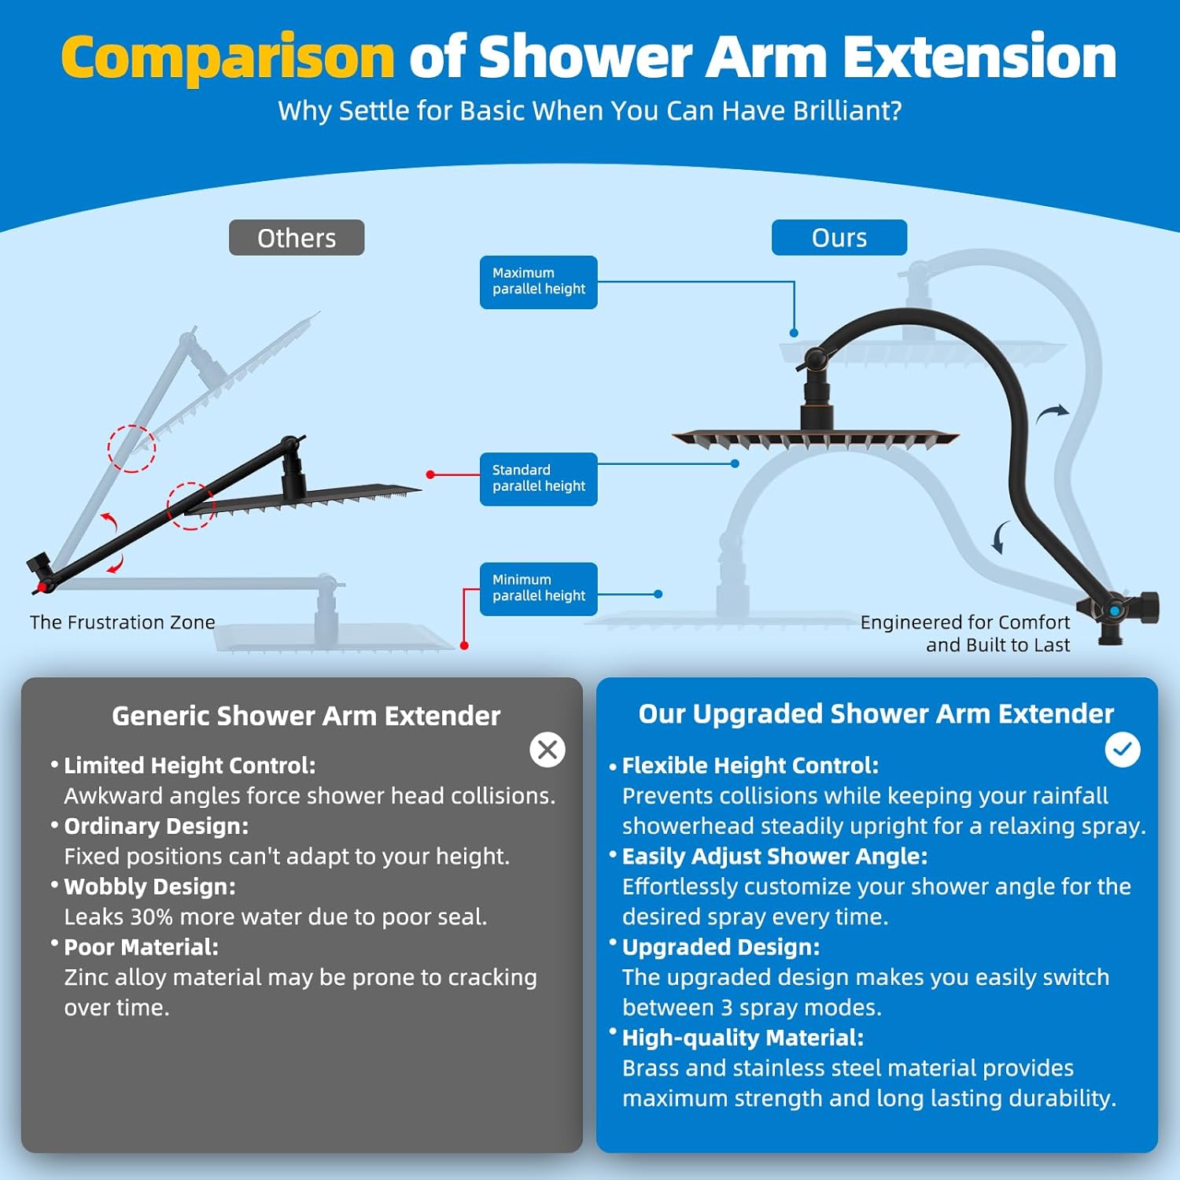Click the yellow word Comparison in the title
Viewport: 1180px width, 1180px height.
click(x=227, y=57)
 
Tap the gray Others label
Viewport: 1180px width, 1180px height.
click(x=297, y=238)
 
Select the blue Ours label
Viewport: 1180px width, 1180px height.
click(x=839, y=238)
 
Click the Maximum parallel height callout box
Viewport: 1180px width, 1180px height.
click(x=538, y=282)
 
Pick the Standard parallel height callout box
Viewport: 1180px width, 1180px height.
click(x=538, y=478)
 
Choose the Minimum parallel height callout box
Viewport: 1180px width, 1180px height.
click(x=538, y=588)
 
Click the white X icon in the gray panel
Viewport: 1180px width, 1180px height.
click(x=548, y=750)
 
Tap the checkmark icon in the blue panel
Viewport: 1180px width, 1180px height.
click(x=1123, y=750)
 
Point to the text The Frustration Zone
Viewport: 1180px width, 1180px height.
click(x=122, y=622)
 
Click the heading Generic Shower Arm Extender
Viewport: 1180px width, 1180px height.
click(x=306, y=716)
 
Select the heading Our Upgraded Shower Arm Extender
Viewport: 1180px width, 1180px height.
click(x=876, y=714)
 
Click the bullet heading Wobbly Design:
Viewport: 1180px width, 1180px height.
click(x=149, y=887)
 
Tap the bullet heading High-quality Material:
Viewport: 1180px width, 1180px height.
click(x=743, y=1038)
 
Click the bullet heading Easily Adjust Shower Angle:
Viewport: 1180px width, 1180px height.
click(x=775, y=856)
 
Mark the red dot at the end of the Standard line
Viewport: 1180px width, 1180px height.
click(x=430, y=474)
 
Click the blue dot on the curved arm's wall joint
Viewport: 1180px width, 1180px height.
click(x=1115, y=611)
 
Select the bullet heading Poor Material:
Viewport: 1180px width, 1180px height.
click(x=141, y=947)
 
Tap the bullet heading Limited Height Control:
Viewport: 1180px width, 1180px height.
click(x=190, y=765)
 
